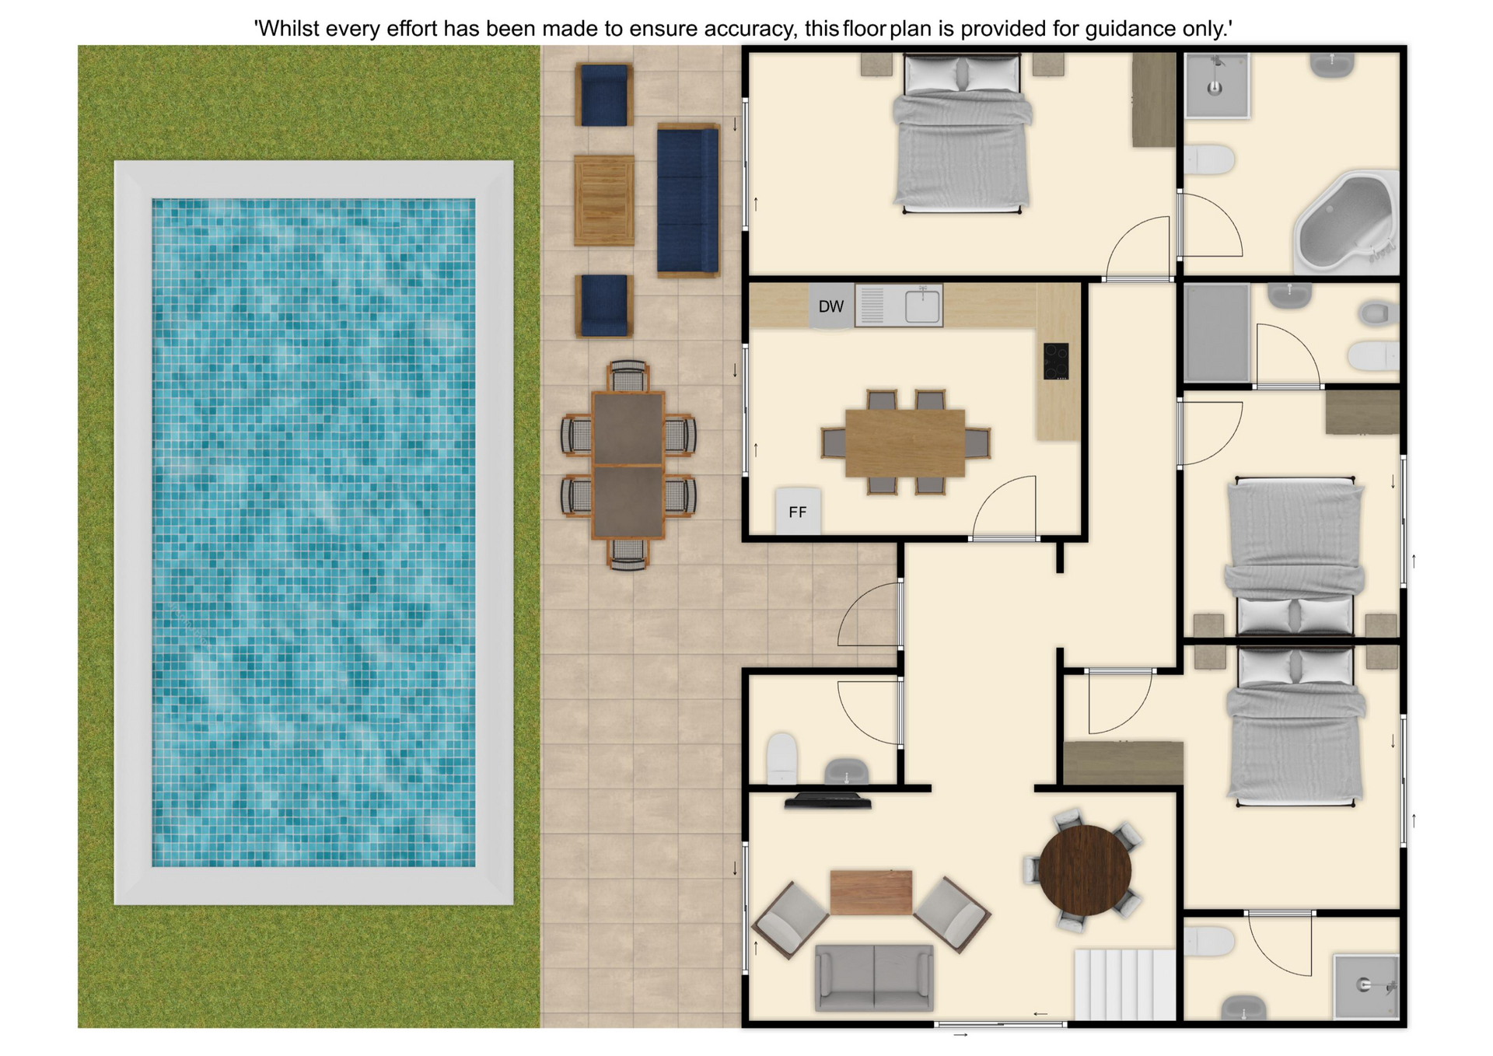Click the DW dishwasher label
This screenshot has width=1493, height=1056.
coord(830,306)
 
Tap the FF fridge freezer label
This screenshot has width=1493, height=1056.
coord(797,512)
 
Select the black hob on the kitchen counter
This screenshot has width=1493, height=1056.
coord(1056,362)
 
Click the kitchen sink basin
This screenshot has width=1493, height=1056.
coord(922,305)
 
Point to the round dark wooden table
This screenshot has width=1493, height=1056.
coord(1085,869)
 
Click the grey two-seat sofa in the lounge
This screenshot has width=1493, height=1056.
coord(874,977)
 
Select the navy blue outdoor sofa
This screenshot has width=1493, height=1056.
coord(687,201)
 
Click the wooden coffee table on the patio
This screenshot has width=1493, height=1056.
coord(604,201)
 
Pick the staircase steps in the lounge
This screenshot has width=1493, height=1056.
coord(1124,984)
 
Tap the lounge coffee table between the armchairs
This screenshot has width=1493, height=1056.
coord(871,892)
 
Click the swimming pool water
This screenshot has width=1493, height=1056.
coord(313,533)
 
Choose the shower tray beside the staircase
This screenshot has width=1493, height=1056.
coord(1366,986)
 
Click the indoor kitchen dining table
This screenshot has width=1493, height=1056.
coord(905,442)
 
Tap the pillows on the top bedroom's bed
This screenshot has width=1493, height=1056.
coord(962,75)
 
